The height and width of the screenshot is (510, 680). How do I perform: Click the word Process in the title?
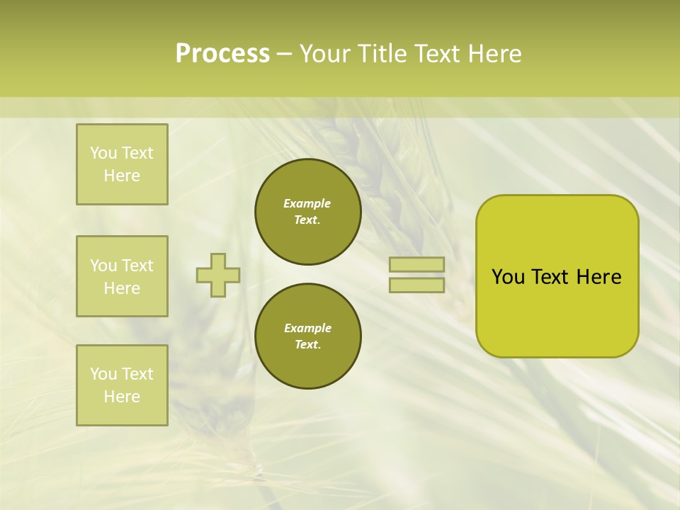[222, 54]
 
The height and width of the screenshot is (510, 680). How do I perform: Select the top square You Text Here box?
[122, 164]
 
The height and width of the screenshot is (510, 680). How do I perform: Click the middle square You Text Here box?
[122, 276]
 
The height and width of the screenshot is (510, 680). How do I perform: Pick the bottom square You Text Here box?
[122, 385]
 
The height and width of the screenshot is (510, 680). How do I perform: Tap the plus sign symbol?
[218, 275]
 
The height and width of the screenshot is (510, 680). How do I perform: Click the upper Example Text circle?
[308, 212]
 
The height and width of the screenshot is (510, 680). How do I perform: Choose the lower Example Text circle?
[308, 336]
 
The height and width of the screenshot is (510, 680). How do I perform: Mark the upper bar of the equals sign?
[416, 265]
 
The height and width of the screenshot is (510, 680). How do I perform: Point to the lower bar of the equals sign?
[416, 285]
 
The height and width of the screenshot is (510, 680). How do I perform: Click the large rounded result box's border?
[477, 276]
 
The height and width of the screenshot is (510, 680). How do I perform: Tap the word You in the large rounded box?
[508, 277]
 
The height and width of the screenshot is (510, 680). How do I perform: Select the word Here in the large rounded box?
[599, 277]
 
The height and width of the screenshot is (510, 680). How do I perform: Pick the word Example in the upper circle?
[307, 203]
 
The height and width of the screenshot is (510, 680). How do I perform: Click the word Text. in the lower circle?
[308, 345]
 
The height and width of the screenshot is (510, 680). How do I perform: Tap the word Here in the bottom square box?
[122, 397]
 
